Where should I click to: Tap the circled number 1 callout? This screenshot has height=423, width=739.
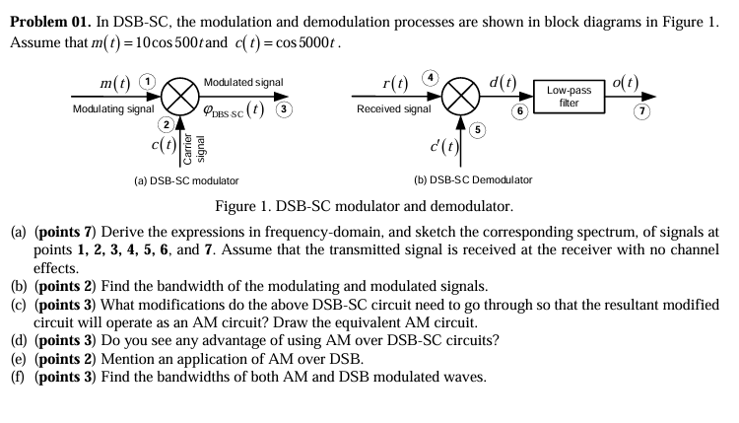(147, 80)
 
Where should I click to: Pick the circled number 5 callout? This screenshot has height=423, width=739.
(479, 129)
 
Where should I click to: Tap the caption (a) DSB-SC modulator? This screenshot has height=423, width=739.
(185, 180)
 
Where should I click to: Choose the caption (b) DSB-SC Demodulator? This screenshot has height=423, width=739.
(473, 180)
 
